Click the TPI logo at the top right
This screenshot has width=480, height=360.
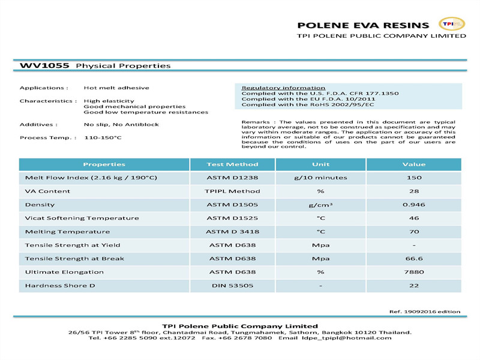(452, 24)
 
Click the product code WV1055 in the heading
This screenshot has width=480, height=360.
(45, 65)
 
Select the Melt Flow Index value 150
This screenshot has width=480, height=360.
(413, 178)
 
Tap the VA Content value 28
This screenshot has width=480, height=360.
(413, 191)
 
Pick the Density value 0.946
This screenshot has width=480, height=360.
(413, 205)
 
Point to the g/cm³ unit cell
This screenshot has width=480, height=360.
(320, 205)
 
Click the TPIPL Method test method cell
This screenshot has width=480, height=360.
(232, 191)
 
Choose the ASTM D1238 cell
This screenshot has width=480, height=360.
(232, 178)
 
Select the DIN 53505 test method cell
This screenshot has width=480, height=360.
(232, 286)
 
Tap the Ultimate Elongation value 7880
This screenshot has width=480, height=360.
(413, 272)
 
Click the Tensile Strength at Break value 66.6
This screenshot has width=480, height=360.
(413, 259)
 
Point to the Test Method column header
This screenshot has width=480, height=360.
(232, 164)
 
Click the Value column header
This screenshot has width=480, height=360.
(413, 164)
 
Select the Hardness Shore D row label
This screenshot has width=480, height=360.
(60, 286)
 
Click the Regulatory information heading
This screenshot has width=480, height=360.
(283, 88)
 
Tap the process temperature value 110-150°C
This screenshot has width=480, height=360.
(103, 138)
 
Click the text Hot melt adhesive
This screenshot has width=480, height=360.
(116, 88)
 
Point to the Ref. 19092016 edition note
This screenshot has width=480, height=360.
(425, 311)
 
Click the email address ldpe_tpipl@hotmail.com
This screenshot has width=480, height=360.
(347, 338)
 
